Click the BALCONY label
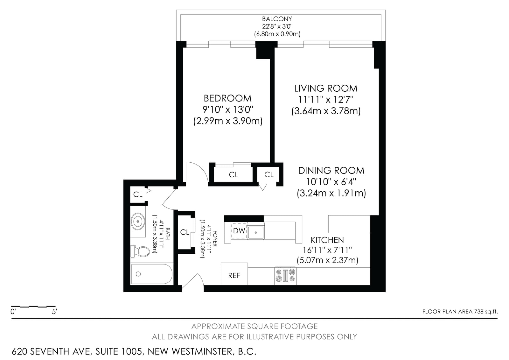tap(277, 19)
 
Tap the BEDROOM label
tap(227, 98)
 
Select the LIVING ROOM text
tap(326, 88)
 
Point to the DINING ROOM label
tap(331, 171)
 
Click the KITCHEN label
tap(327, 240)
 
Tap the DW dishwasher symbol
tap(239, 231)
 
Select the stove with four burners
tap(285, 275)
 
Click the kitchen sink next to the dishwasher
tap(256, 231)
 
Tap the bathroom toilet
tap(140, 251)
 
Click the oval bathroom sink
tap(138, 221)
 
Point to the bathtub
tap(151, 274)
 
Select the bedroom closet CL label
tap(234, 175)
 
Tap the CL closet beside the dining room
tap(269, 175)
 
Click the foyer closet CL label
tap(185, 232)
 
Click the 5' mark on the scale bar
tap(54, 312)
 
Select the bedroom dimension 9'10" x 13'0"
tap(228, 109)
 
